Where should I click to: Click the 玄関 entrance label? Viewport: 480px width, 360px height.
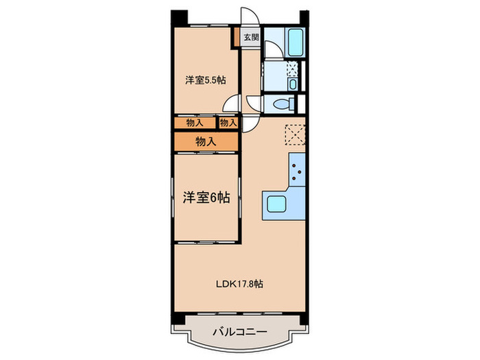tap(250, 38)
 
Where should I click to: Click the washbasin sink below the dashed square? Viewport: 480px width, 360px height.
tap(293, 84)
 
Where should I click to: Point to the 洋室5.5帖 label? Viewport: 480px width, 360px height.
tap(205, 80)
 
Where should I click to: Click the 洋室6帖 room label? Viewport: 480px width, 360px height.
tap(205, 196)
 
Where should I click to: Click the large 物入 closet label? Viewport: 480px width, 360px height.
tap(206, 141)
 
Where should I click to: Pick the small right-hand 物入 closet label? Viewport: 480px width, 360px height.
tap(228, 123)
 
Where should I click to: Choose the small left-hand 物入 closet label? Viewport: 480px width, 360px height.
tap(195, 123)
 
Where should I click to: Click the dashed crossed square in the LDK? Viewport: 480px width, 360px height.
tap(295, 134)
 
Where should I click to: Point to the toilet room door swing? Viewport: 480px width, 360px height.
tap(255, 104)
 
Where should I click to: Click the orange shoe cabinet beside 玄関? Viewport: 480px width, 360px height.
tap(237, 38)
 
